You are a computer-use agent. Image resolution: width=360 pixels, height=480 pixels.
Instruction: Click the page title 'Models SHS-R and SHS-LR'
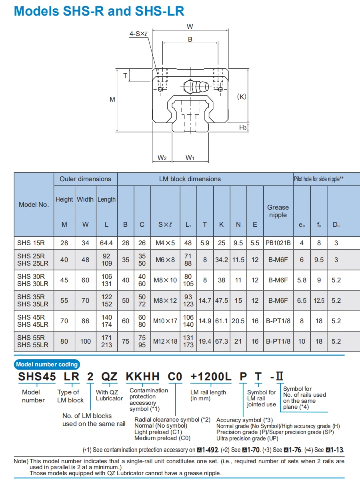(x=99, y=11)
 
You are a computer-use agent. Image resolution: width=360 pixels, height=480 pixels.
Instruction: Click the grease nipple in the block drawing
(x=195, y=86)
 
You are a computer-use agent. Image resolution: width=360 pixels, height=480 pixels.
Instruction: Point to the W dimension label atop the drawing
(x=190, y=27)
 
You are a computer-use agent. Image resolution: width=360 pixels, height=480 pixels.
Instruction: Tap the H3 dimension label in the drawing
(x=243, y=127)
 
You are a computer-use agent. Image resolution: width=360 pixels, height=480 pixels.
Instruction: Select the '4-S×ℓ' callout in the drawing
(x=138, y=34)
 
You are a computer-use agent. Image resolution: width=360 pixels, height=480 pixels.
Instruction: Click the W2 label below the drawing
(x=162, y=158)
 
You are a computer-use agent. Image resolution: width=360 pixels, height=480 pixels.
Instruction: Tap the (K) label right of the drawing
(x=242, y=97)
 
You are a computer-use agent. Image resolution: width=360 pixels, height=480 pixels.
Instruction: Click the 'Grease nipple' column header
(x=278, y=211)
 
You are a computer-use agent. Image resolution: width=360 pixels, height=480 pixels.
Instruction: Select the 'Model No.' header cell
(x=34, y=204)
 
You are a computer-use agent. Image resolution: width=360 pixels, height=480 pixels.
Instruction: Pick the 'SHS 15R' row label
(x=31, y=243)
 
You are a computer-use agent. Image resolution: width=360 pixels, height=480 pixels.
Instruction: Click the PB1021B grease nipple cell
(x=278, y=243)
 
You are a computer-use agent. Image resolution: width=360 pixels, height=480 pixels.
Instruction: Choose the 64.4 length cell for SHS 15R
(x=106, y=243)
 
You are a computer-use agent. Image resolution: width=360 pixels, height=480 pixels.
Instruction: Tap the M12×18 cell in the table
(x=165, y=342)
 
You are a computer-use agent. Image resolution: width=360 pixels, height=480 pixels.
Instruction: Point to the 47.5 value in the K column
(x=221, y=300)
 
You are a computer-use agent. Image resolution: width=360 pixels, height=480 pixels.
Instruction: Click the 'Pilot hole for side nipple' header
(x=319, y=179)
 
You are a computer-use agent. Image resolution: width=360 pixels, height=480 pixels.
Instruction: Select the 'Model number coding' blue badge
(x=47, y=364)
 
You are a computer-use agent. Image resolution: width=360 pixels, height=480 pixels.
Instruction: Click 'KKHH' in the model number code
(x=143, y=376)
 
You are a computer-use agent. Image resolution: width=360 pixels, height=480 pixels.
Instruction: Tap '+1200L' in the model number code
(x=211, y=376)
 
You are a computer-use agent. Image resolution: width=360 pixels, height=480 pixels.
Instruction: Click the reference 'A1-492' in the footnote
(x=209, y=450)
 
